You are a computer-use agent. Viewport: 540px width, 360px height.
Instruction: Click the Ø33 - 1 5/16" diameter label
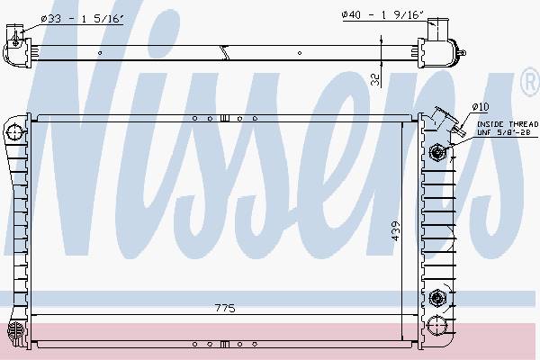[82, 19]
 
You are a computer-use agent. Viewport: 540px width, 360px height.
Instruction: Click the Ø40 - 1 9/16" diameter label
[382, 14]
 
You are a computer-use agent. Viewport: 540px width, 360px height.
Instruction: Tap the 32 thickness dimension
[375, 80]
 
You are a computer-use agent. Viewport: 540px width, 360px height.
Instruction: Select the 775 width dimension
[225, 308]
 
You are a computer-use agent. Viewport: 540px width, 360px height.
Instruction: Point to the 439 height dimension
[396, 230]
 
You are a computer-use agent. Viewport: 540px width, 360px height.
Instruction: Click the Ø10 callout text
[481, 107]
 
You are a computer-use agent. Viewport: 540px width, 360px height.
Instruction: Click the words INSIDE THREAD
[508, 124]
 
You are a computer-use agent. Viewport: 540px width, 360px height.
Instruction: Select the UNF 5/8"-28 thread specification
[503, 132]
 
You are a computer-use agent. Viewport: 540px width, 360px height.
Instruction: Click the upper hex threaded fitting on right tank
[437, 151]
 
